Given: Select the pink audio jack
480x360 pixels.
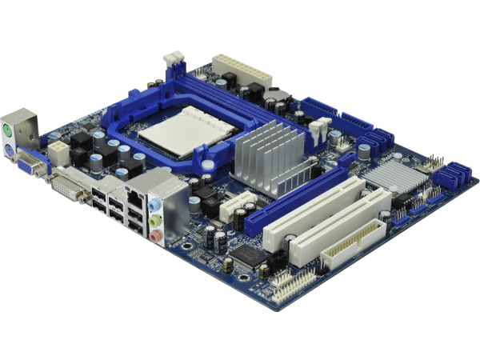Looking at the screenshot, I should tap(158, 235).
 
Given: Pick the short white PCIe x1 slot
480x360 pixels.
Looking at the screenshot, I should tap(236, 207).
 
